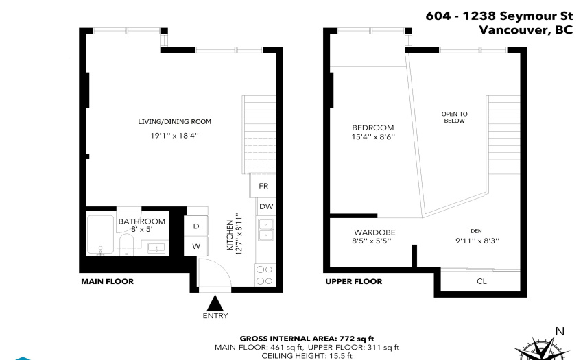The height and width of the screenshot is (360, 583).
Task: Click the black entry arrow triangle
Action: (x=215, y=304)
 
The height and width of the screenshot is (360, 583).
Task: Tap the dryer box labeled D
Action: (x=196, y=226)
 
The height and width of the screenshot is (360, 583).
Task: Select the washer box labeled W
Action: (x=196, y=246)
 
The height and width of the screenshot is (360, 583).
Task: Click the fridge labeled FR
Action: (x=263, y=186)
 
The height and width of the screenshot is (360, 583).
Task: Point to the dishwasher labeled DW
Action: (x=266, y=206)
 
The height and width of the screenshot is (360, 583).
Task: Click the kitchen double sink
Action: (x=266, y=230)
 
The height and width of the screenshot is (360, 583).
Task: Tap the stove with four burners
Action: (x=265, y=275)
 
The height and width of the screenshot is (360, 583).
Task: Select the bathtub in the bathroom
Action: (x=100, y=235)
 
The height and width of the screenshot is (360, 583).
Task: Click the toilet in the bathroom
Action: (x=126, y=244)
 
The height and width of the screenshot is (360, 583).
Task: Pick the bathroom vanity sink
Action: (x=156, y=248)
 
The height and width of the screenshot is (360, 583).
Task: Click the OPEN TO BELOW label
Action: (x=454, y=117)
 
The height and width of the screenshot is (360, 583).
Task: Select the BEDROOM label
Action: (x=373, y=128)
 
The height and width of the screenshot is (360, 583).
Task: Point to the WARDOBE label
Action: (x=374, y=232)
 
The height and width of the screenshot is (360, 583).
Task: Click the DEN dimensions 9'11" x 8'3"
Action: (x=477, y=241)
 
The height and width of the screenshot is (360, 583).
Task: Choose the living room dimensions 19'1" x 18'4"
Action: (x=174, y=136)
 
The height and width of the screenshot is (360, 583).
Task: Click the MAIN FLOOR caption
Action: (x=108, y=281)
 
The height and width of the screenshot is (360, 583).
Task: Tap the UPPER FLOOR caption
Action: (x=354, y=281)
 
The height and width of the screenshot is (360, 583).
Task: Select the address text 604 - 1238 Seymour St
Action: (x=499, y=16)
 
